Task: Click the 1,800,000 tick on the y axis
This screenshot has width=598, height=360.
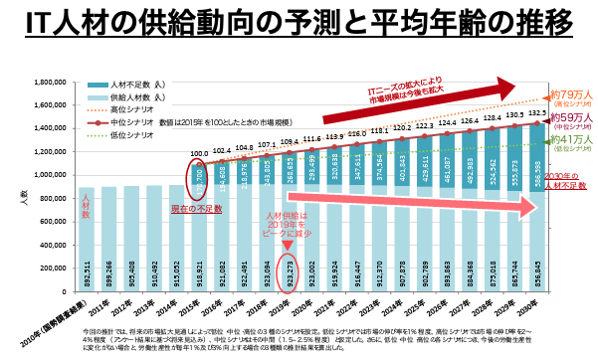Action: coord(52,83)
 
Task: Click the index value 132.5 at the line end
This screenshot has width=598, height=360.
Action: coord(539,114)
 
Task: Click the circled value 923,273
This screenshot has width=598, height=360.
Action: coord(292,267)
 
